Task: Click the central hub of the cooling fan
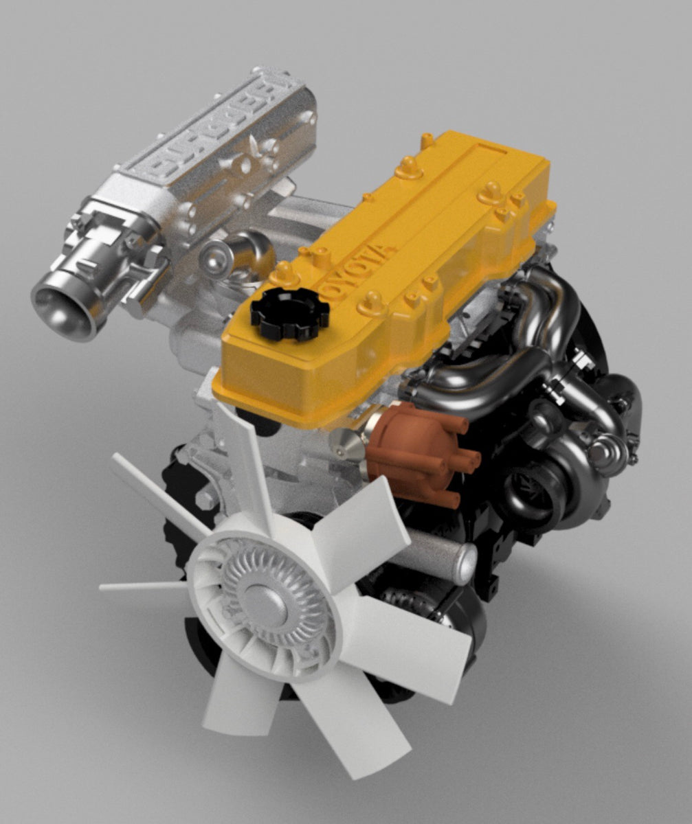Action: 265,602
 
